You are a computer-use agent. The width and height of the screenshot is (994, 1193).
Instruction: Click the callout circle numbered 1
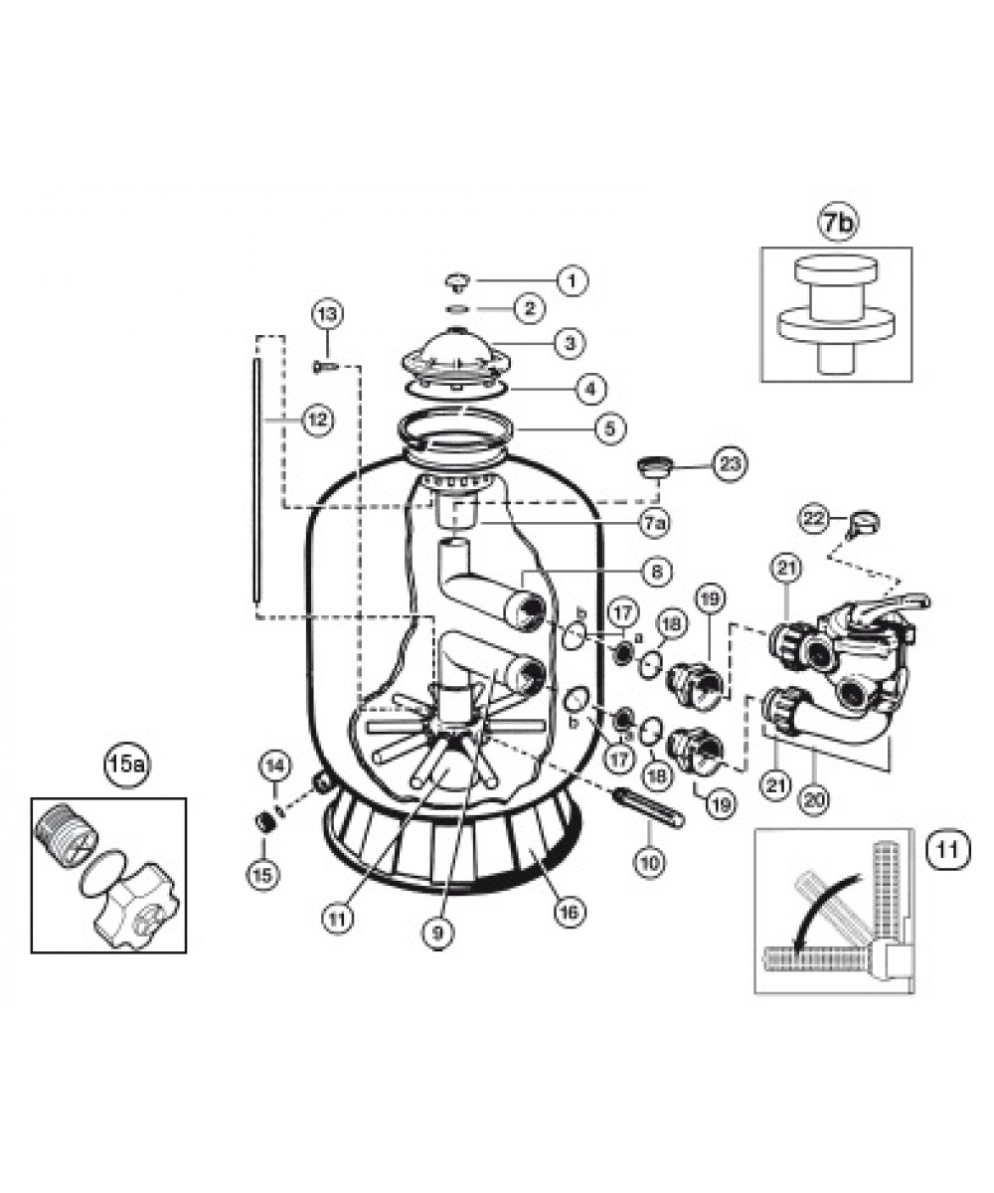[x=573, y=280]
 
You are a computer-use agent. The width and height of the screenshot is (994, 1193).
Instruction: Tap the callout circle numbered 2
[x=530, y=308]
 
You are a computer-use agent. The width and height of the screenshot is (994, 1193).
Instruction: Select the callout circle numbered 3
[x=569, y=343]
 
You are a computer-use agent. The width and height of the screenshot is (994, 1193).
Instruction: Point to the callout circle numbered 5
[x=610, y=427]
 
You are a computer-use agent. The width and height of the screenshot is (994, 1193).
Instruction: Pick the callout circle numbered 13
[x=327, y=314]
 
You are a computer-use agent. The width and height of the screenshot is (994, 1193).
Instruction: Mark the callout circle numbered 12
[x=318, y=420]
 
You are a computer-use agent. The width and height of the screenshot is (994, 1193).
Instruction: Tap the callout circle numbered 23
[x=730, y=464]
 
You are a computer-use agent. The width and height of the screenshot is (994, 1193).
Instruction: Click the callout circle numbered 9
[x=438, y=934]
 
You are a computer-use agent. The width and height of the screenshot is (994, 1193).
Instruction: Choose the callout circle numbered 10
[x=649, y=862]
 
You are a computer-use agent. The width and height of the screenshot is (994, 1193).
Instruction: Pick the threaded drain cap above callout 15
[x=264, y=823]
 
